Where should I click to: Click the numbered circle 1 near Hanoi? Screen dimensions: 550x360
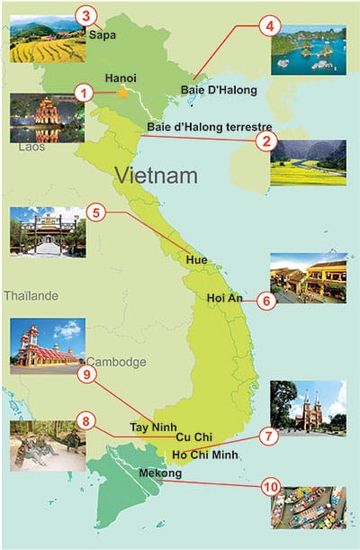[83, 92]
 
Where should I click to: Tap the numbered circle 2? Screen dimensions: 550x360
[265, 140]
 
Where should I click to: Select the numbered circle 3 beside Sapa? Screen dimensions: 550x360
[85, 15]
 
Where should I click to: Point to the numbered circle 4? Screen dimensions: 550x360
[266, 27]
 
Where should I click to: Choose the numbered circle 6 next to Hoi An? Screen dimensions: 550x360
[265, 301]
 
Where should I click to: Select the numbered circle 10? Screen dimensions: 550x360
[266, 487]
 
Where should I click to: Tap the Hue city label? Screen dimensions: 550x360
[196, 260]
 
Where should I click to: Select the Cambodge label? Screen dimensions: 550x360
[116, 362]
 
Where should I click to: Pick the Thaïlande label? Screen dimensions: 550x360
[31, 295]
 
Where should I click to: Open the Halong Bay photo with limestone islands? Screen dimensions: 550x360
[308, 50]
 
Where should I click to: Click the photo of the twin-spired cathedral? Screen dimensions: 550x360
[308, 408]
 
